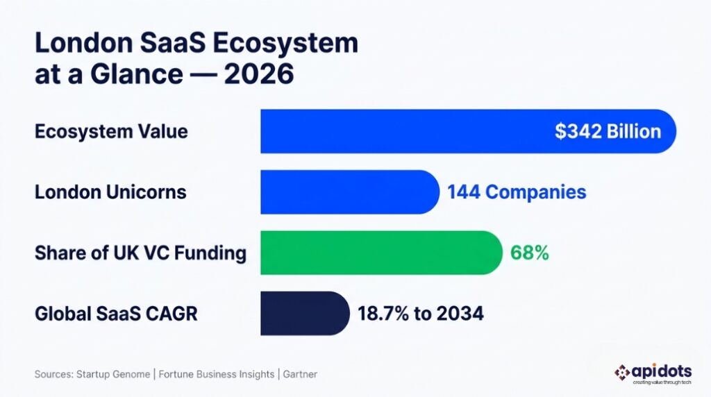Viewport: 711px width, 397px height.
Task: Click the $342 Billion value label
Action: (x=608, y=131)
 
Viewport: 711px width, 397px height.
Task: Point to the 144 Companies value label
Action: (x=517, y=192)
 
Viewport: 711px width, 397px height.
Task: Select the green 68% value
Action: (x=529, y=253)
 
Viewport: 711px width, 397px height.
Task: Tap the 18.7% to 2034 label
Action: (x=420, y=314)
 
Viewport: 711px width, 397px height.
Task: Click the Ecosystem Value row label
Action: (x=111, y=131)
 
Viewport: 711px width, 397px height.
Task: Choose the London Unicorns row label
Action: (x=110, y=192)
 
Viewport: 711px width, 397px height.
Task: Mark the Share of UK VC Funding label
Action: (x=140, y=253)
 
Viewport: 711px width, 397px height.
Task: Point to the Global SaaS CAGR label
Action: (x=116, y=314)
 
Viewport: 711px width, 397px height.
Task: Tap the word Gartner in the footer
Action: (x=301, y=374)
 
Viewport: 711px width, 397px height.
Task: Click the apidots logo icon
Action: (x=622, y=372)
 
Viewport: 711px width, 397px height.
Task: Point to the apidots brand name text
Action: (x=663, y=371)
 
